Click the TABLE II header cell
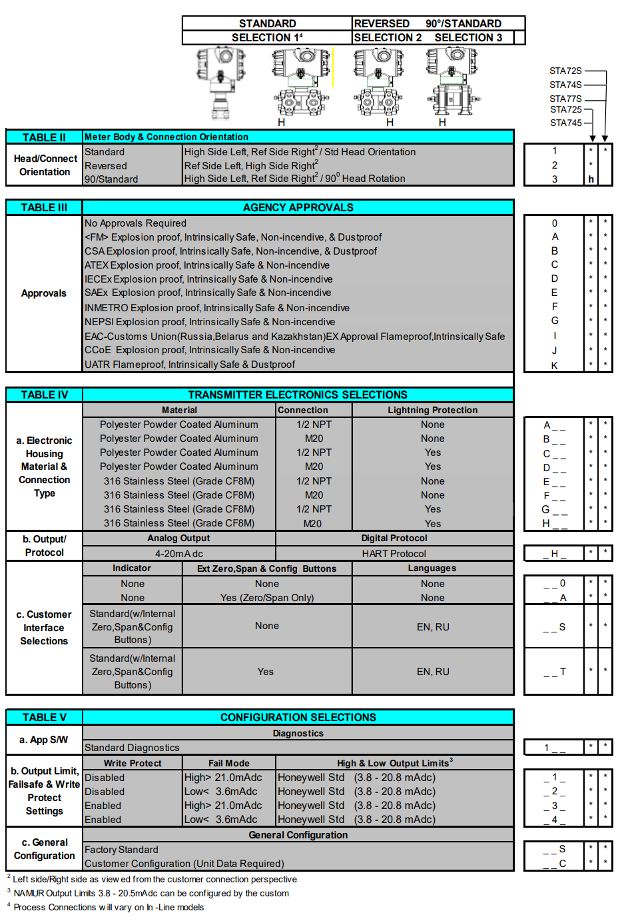[x=44, y=137]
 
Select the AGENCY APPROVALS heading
[x=298, y=207]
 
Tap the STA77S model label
[x=565, y=99]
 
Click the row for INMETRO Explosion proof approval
[x=216, y=308]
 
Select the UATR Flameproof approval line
[x=190, y=365]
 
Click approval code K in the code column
[x=554, y=365]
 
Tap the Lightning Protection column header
[x=432, y=410]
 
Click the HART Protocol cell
[x=394, y=553]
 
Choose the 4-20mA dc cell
[x=178, y=553]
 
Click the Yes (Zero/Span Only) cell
[x=267, y=598]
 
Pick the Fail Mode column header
[x=228, y=763]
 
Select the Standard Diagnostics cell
[x=132, y=748]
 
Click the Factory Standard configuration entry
[x=121, y=850]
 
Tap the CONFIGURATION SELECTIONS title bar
[x=298, y=717]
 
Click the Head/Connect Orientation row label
[x=45, y=165]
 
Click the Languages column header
[x=432, y=568]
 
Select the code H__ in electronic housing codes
[x=554, y=524]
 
